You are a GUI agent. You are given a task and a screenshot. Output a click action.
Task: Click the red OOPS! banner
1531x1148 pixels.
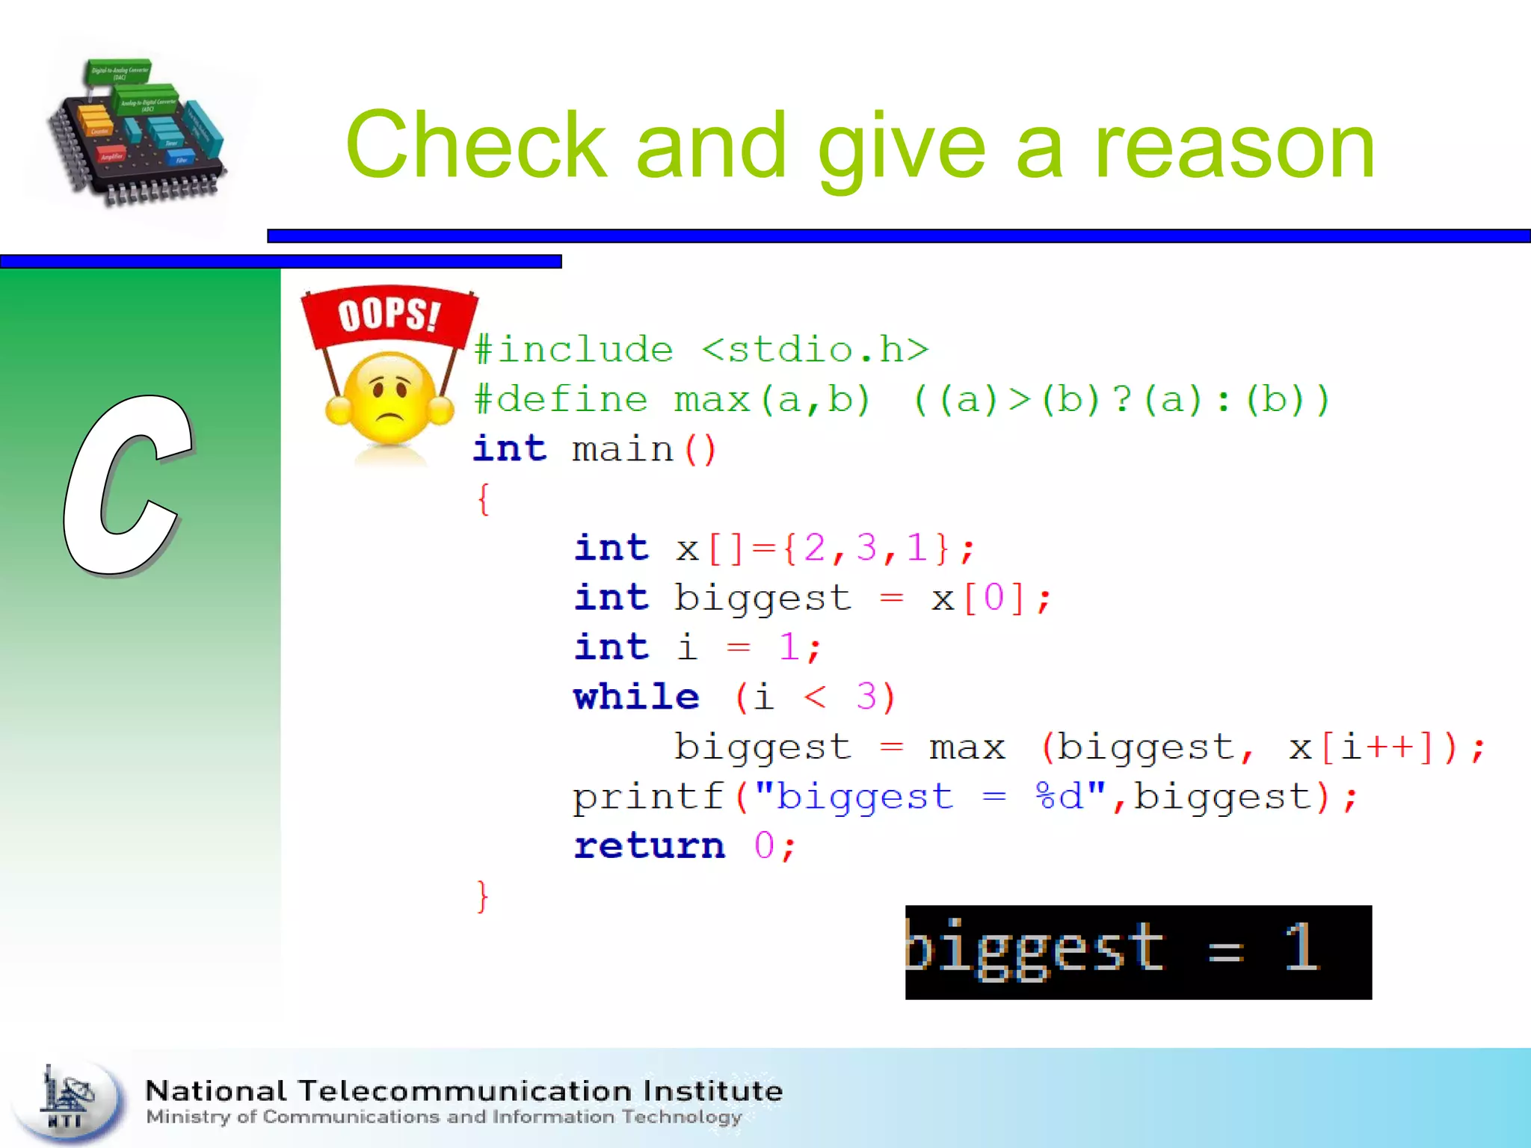click(x=389, y=314)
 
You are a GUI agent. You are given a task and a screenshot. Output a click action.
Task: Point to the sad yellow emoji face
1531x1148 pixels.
click(x=389, y=400)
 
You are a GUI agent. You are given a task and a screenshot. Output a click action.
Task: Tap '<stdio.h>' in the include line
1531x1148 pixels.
click(x=815, y=350)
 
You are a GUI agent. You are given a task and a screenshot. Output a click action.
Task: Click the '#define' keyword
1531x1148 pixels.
click(x=561, y=400)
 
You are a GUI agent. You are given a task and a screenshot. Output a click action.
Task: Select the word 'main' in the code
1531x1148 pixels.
click(x=623, y=450)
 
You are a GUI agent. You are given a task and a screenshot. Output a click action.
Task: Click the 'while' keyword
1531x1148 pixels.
click(x=636, y=697)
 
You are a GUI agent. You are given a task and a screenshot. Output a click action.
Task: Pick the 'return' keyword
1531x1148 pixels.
click(x=649, y=846)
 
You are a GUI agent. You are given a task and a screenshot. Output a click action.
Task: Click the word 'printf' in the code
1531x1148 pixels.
click(x=649, y=797)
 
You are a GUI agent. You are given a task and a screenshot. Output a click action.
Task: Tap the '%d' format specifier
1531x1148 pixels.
click(x=1060, y=797)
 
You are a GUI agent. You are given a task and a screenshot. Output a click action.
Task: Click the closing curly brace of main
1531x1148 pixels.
click(x=483, y=895)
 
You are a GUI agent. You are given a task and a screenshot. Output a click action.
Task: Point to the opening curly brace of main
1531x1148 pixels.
click(x=484, y=499)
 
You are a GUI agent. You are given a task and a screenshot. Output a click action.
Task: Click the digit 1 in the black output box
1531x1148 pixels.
click(x=1301, y=948)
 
